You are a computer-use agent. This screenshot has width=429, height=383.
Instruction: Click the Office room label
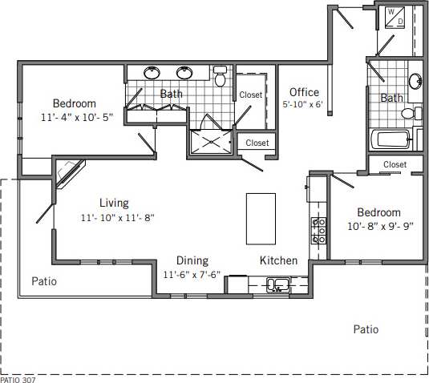pyautogui.click(x=304, y=92)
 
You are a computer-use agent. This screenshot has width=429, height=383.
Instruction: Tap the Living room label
pyautogui.click(x=114, y=203)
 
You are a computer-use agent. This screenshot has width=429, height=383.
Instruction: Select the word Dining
pyautogui.click(x=192, y=260)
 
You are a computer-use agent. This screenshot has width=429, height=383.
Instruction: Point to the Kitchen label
pyautogui.click(x=278, y=260)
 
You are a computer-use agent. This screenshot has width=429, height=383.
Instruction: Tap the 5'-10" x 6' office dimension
pyautogui.click(x=302, y=105)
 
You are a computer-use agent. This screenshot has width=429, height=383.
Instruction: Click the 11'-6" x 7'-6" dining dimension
pyautogui.click(x=192, y=274)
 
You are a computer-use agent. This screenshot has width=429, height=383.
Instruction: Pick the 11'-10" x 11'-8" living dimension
pyautogui.click(x=116, y=217)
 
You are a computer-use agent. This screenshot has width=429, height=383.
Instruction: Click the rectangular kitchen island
pyautogui.click(x=260, y=218)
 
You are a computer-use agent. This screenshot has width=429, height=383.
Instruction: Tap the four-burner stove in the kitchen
pyautogui.click(x=318, y=231)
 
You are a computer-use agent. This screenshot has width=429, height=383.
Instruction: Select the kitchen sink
pyautogui.click(x=279, y=284)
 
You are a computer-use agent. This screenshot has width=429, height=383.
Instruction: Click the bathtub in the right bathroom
pyautogui.click(x=392, y=139)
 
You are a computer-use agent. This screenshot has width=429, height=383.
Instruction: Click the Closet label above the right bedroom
pyautogui.click(x=395, y=164)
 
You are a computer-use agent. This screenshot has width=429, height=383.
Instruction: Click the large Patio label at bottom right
pyautogui.click(x=366, y=329)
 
